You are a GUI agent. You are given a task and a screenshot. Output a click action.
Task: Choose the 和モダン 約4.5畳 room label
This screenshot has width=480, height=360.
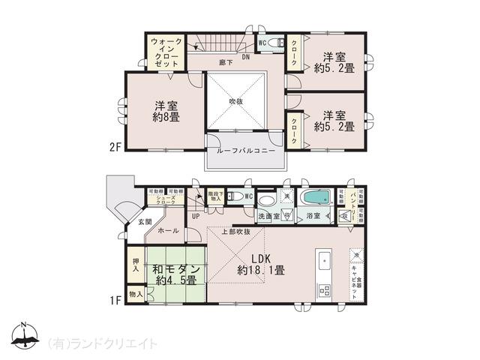click(177, 274)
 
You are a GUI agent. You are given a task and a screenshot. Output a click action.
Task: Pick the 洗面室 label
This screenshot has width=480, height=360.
click(268, 216)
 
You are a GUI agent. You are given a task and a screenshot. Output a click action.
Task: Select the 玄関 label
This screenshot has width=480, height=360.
click(145, 222)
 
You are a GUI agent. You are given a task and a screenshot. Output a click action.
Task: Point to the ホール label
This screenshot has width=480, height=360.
click(168, 231)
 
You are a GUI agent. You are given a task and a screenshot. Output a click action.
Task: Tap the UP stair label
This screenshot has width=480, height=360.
click(195, 217)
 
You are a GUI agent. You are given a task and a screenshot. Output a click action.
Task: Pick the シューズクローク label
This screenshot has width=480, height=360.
click(166, 200)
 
